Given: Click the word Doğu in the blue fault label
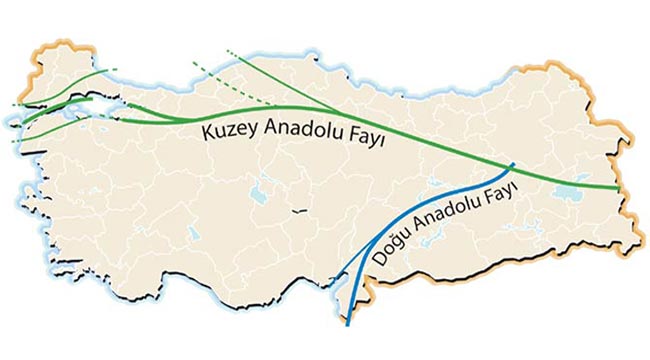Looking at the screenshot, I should [391, 249].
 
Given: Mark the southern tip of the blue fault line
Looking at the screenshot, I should [348, 325].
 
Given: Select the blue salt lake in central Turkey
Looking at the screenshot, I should [258, 186].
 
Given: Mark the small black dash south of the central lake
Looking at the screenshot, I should [298, 211].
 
